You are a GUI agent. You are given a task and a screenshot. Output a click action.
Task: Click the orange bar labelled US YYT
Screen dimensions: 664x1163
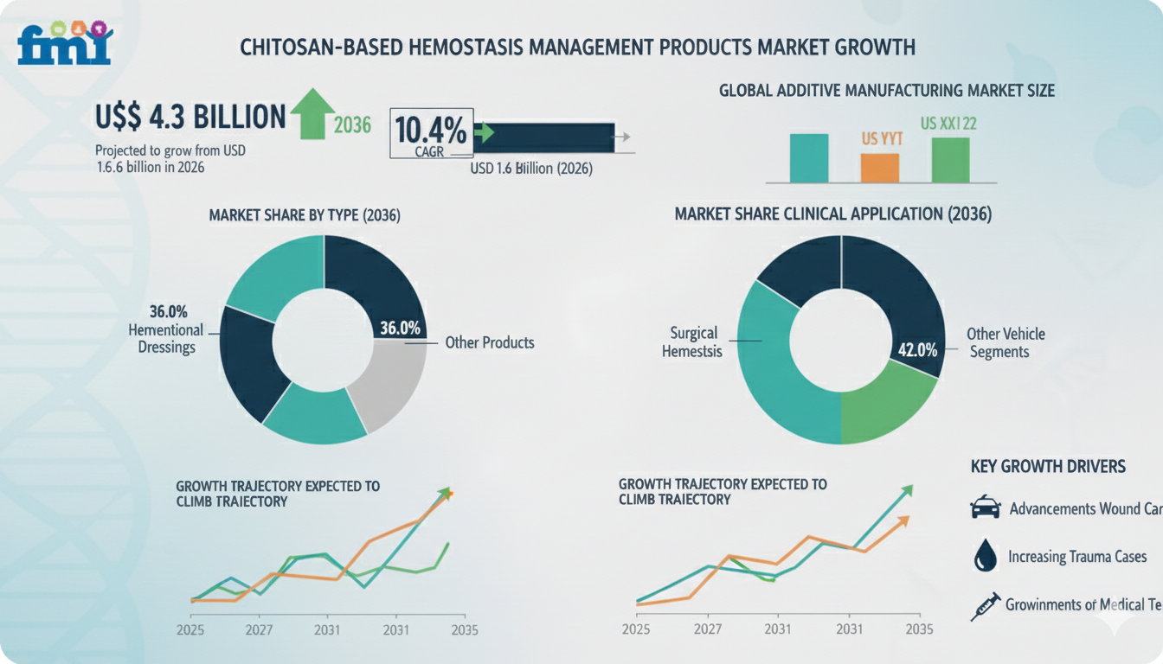click(x=880, y=168)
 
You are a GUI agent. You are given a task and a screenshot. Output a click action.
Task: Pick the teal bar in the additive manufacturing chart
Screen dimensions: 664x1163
click(x=809, y=158)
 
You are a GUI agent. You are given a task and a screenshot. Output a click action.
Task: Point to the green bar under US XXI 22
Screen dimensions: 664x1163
click(x=950, y=160)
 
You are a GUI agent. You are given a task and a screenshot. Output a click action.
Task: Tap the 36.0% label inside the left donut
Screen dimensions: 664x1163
click(x=400, y=329)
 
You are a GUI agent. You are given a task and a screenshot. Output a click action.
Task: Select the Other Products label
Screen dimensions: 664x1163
click(x=490, y=342)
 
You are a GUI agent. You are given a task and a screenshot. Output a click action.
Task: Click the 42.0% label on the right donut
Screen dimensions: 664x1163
click(x=917, y=350)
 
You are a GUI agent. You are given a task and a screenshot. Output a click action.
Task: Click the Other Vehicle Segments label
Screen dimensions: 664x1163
click(x=1006, y=342)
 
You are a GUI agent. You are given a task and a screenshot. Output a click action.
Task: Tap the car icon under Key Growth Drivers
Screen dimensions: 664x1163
click(x=985, y=508)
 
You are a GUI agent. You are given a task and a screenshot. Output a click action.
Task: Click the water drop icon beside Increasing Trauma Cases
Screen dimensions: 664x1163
click(x=985, y=556)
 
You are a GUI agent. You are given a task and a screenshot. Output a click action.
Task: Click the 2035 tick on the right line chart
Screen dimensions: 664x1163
click(x=918, y=629)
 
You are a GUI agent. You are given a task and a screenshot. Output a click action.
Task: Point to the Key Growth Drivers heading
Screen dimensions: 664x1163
click(x=1048, y=467)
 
